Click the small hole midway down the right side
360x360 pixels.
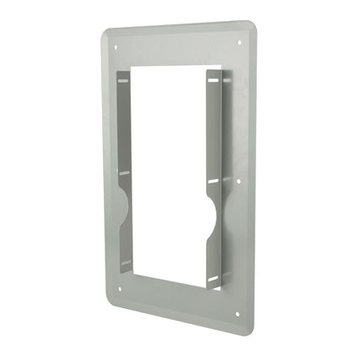tap(239, 177)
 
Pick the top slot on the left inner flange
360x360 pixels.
tap(124, 80)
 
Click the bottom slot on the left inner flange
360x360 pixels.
tap(125, 263)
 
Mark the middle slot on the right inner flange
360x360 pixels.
tap(213, 180)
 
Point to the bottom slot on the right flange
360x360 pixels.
tap(214, 275)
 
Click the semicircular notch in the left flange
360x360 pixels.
tap(124, 204)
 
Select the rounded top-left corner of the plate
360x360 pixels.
tap(106, 34)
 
